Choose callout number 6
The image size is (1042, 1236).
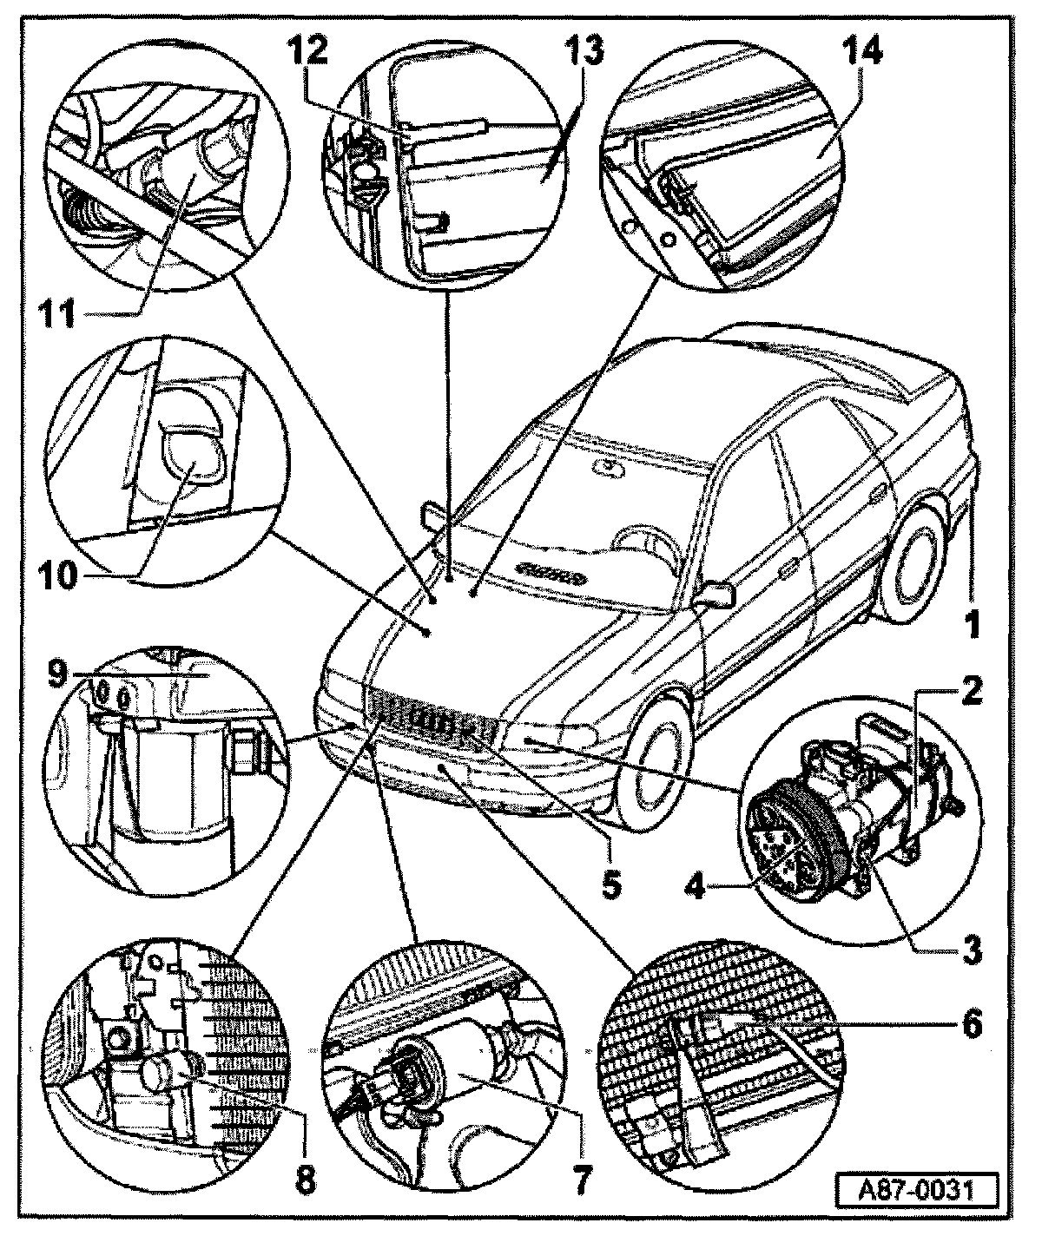coord(971,1025)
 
